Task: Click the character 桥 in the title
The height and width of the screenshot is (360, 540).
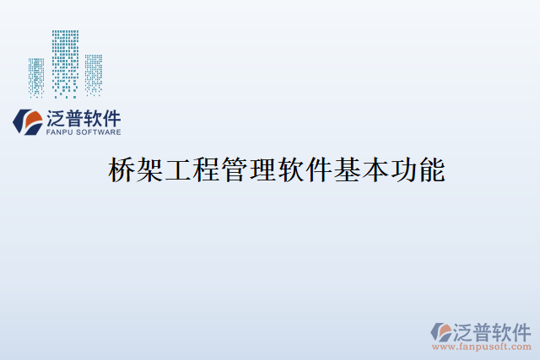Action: [x=121, y=172]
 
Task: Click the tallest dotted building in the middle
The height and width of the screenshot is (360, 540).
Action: [x=65, y=63]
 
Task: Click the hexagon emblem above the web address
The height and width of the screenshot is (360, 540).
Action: [x=441, y=330]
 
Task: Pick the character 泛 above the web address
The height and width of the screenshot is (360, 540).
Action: [x=465, y=329]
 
